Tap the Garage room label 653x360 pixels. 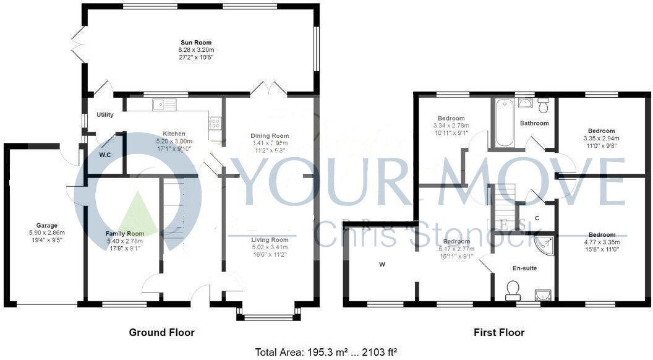[46, 226]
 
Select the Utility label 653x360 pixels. [105, 115]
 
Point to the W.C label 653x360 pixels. [106, 155]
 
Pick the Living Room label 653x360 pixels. [270, 239]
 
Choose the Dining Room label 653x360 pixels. [270, 136]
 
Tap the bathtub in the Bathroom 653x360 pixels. [503, 124]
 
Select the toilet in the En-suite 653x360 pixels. [513, 289]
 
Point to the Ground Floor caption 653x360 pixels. [161, 333]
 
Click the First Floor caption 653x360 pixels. [499, 333]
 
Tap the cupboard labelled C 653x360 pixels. [537, 218]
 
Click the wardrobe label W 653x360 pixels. [383, 265]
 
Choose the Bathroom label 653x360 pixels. [534, 123]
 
